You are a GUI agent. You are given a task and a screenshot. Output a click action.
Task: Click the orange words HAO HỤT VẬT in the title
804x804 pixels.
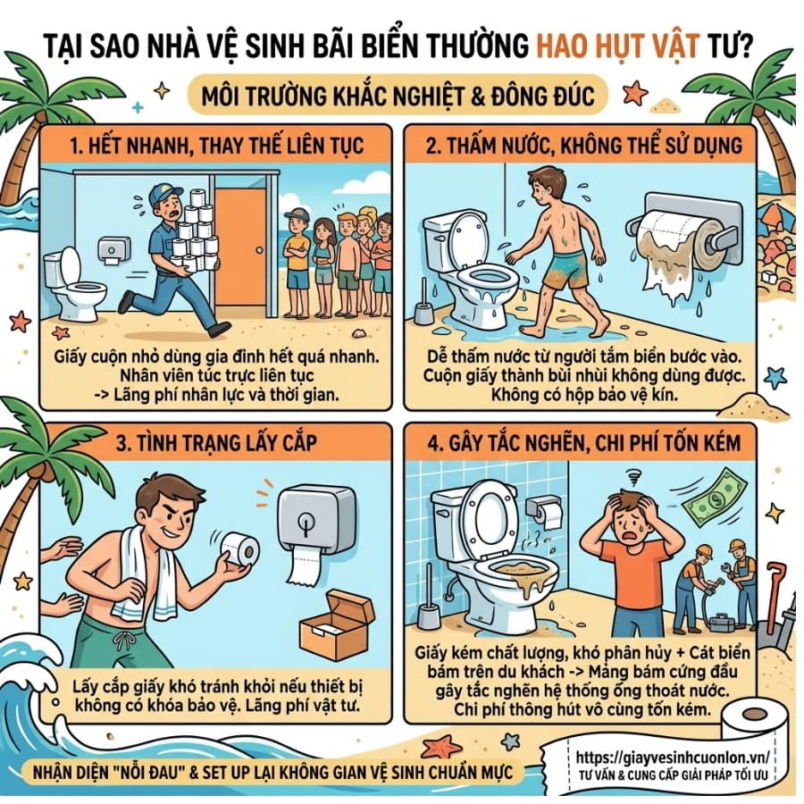[618, 46]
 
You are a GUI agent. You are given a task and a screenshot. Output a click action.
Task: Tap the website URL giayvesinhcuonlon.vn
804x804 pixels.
[672, 758]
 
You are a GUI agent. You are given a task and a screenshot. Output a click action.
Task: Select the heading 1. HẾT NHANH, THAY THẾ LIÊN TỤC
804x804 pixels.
[216, 146]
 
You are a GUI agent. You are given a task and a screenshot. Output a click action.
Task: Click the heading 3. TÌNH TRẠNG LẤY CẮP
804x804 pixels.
[216, 443]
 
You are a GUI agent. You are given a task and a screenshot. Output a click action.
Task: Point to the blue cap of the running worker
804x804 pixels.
[164, 195]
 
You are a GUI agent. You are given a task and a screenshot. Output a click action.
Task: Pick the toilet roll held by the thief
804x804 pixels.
[240, 550]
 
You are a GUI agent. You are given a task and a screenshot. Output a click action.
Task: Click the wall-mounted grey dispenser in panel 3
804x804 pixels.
[314, 522]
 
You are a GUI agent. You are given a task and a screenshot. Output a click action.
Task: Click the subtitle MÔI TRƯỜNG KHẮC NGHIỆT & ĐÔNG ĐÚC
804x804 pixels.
[398, 96]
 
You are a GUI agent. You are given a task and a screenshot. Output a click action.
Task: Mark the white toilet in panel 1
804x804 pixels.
[71, 285]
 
